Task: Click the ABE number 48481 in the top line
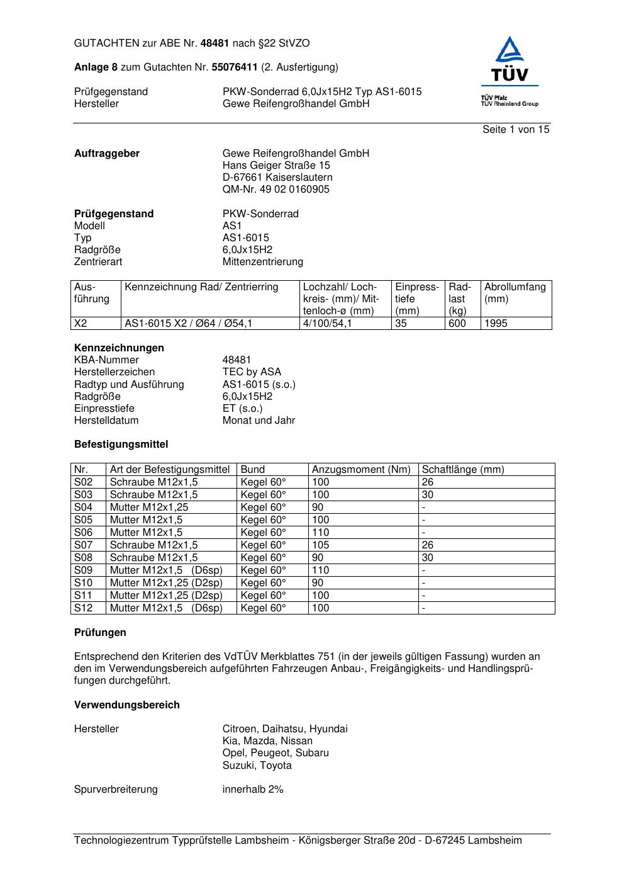(x=214, y=43)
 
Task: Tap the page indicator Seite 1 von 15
(x=516, y=129)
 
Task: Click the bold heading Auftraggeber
(x=107, y=153)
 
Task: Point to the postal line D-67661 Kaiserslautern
(x=277, y=177)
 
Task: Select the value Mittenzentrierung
(x=262, y=261)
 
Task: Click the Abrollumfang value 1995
(x=496, y=323)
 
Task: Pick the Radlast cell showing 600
(x=457, y=323)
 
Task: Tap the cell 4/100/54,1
(x=328, y=323)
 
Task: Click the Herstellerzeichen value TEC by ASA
(x=252, y=371)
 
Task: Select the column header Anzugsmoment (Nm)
(x=361, y=469)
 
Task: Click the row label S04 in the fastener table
(x=84, y=507)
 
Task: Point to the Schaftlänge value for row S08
(x=428, y=557)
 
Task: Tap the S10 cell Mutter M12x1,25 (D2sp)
(x=166, y=582)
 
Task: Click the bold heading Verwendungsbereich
(x=127, y=705)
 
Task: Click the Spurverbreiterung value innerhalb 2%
(x=253, y=789)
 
